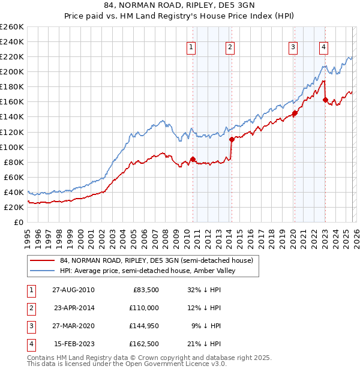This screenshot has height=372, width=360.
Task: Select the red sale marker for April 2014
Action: click(232, 139)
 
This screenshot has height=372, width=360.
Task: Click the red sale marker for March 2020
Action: click(295, 113)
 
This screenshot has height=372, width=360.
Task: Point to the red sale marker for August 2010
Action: click(193, 159)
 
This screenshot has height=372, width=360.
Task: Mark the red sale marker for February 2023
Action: click(325, 100)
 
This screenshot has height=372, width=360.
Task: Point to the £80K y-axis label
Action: click(13, 162)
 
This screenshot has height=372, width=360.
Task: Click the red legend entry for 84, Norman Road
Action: click(157, 260)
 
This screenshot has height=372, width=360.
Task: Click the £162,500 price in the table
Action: click(144, 344)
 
